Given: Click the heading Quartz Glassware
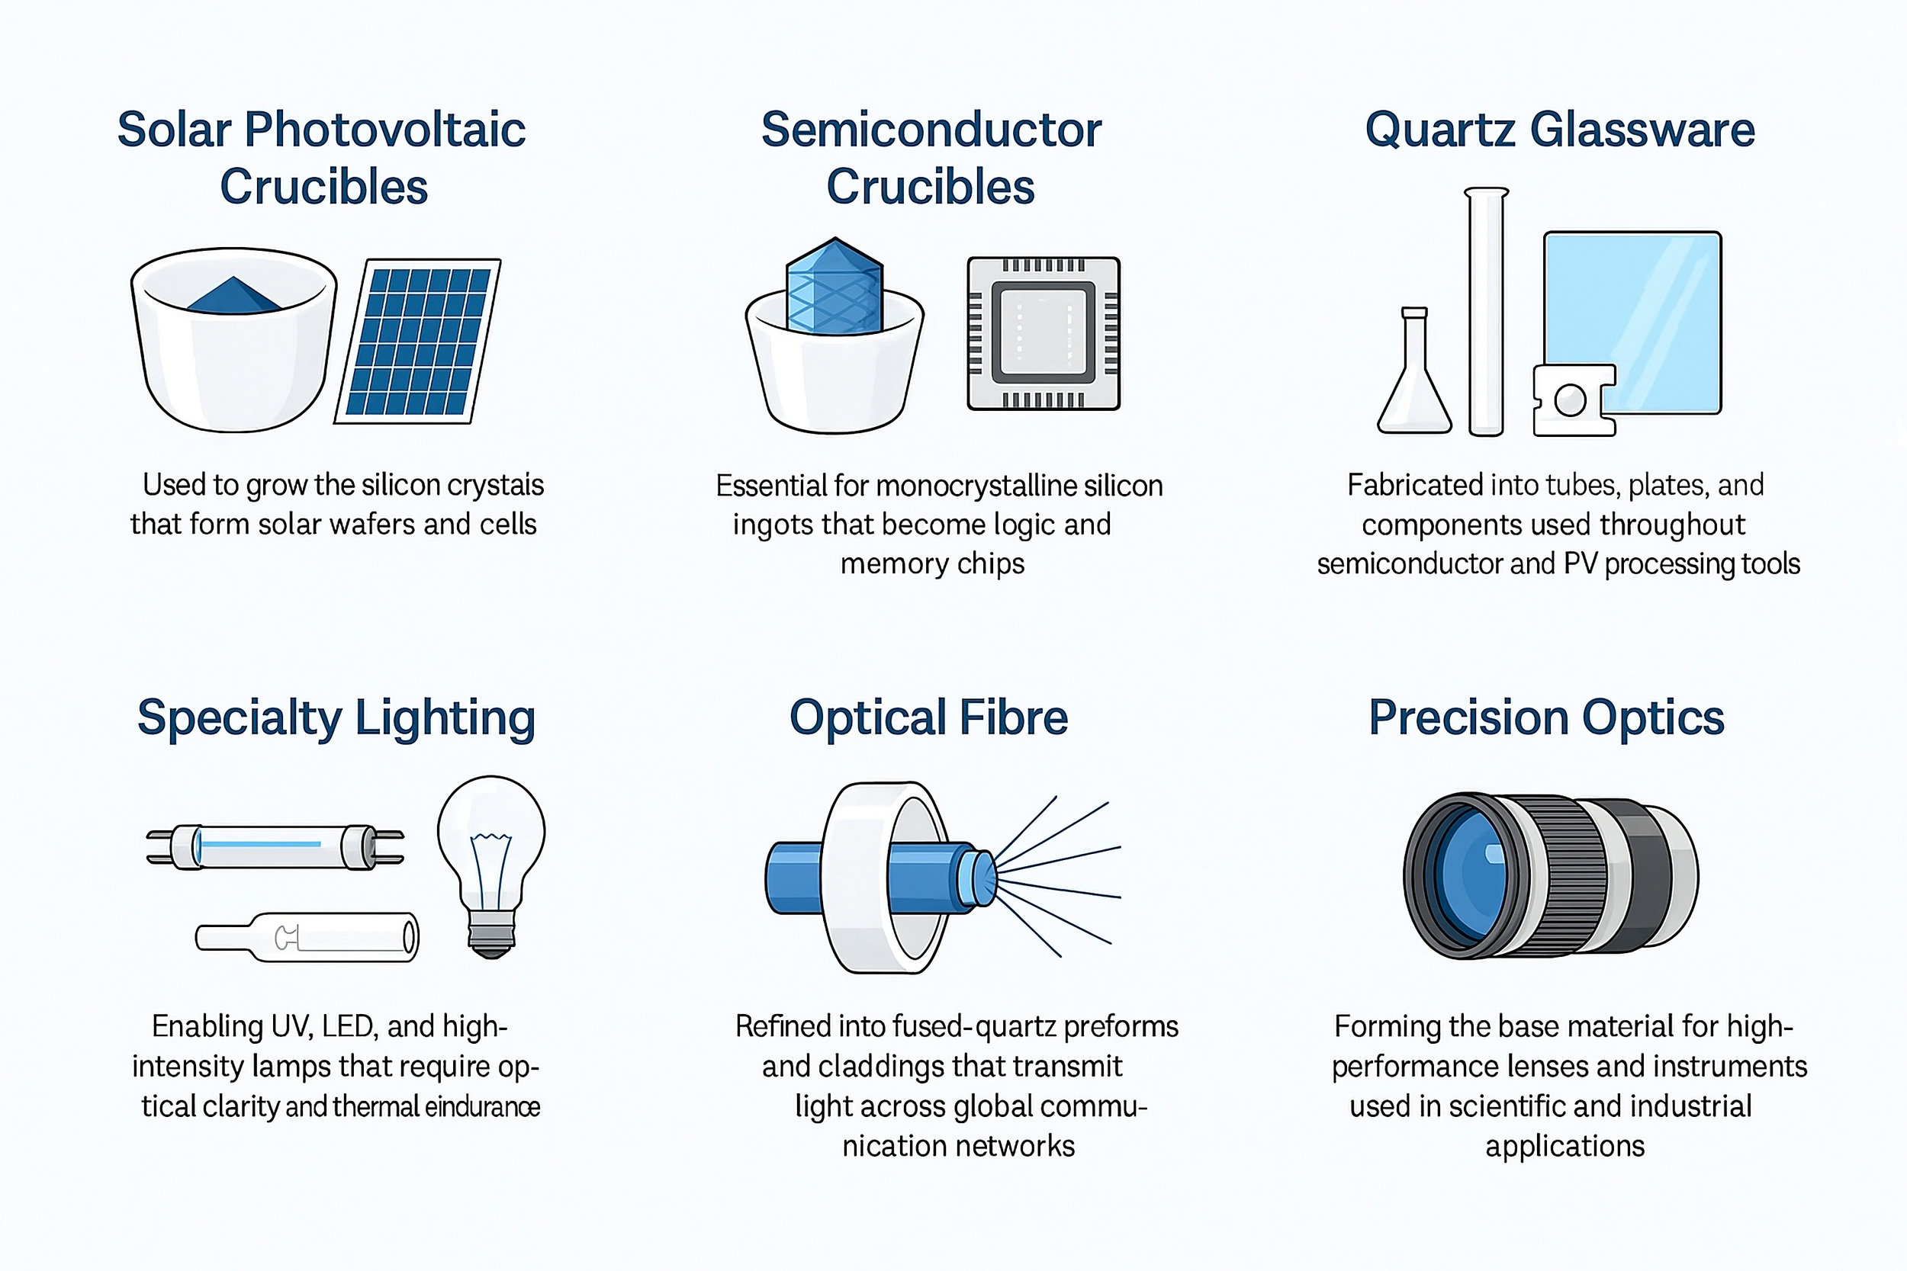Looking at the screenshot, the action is pos(1559,130).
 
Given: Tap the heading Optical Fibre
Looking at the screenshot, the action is pos(928,717).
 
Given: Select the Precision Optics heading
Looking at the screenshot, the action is pos(1546,717).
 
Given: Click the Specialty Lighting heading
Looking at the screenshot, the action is pos(336,718).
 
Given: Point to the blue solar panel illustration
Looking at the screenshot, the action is pos(417,342).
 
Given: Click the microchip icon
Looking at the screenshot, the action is pos(1044,333).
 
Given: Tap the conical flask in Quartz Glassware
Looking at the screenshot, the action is pos(1414,381).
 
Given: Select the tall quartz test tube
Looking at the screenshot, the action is pos(1486,312).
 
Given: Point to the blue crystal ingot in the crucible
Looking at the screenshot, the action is pos(835,287).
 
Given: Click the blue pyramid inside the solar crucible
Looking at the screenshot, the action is pos(233,297).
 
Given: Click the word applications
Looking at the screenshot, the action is pos(1564,1145).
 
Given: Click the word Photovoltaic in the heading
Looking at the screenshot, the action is pos(385,130).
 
